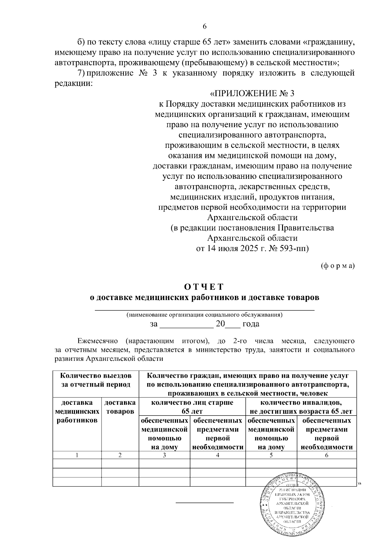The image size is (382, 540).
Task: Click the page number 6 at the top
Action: tap(205, 26)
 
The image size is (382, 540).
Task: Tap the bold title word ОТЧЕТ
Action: tap(204, 287)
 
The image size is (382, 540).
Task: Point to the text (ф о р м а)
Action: tap(337, 266)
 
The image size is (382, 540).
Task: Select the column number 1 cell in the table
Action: tap(77, 455)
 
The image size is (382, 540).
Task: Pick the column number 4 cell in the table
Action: tap(217, 455)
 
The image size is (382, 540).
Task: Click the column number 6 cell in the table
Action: tap(327, 455)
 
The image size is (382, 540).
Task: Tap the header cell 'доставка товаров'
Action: tap(120, 407)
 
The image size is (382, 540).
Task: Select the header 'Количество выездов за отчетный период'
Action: tap(96, 380)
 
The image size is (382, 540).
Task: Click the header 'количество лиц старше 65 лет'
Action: tap(192, 407)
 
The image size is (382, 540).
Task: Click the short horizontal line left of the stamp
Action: tap(205, 502)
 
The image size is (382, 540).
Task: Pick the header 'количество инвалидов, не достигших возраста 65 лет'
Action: tap(301, 407)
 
